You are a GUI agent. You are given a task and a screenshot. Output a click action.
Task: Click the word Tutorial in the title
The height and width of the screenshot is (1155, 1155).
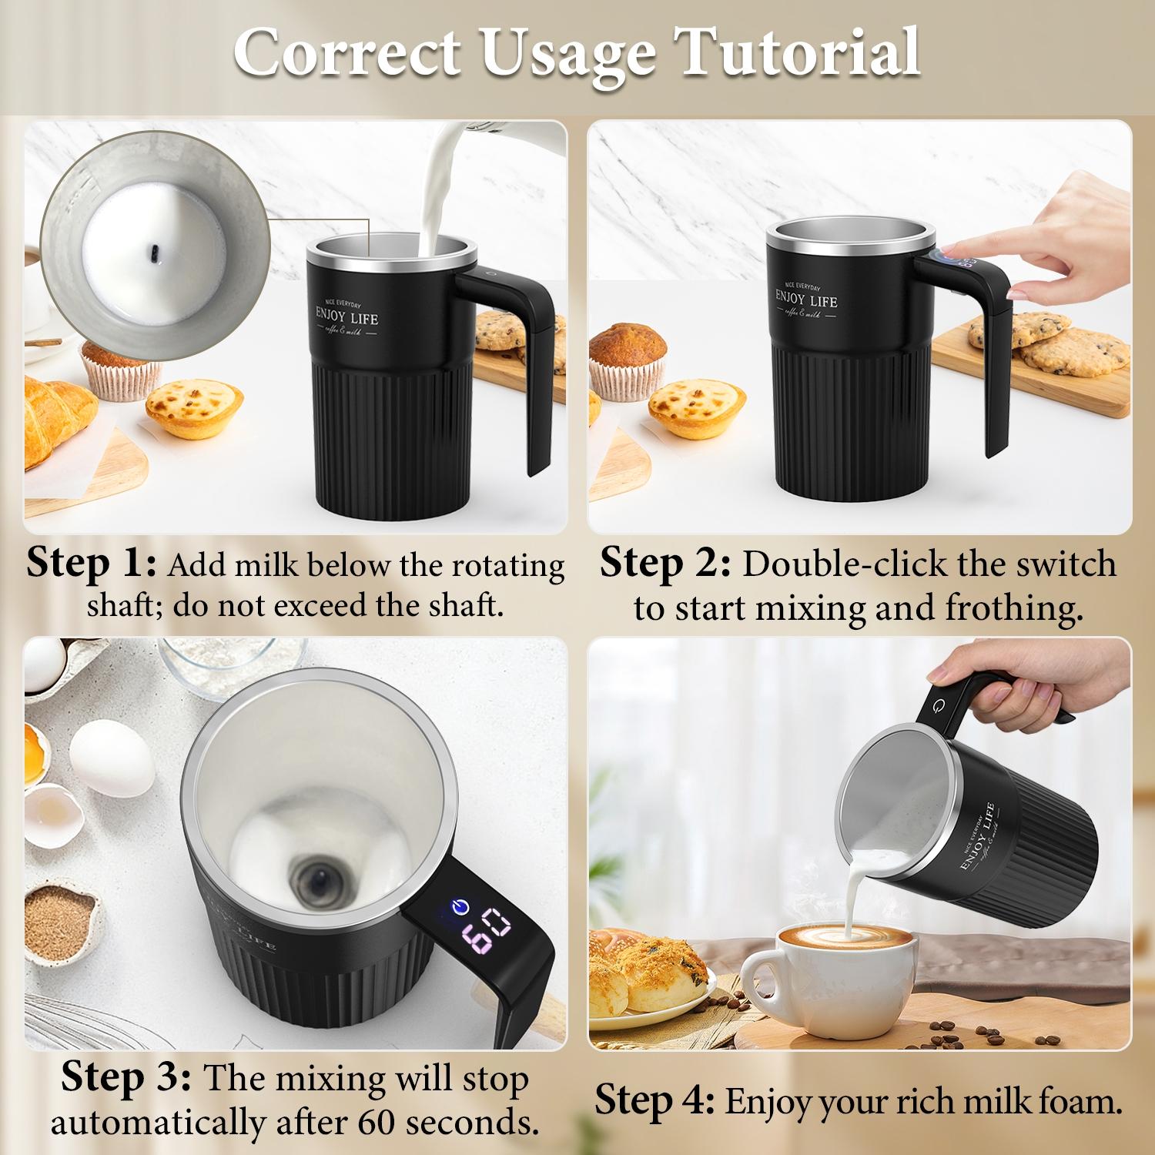click(797, 52)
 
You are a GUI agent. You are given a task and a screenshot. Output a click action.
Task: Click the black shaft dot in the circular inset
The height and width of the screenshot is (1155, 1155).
click(155, 253)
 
